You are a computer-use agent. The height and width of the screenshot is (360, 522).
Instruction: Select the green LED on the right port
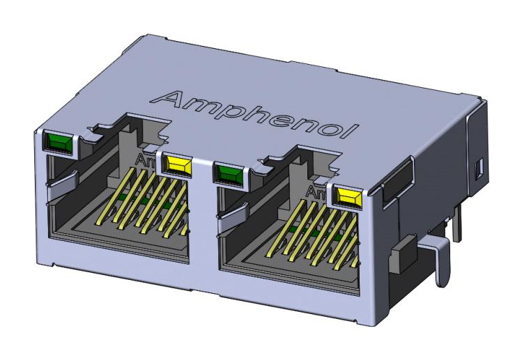coord(230,174)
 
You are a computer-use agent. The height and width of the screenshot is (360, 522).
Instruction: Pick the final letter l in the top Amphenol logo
coord(354,131)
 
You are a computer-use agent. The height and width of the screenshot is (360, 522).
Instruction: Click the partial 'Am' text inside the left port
coord(147,162)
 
